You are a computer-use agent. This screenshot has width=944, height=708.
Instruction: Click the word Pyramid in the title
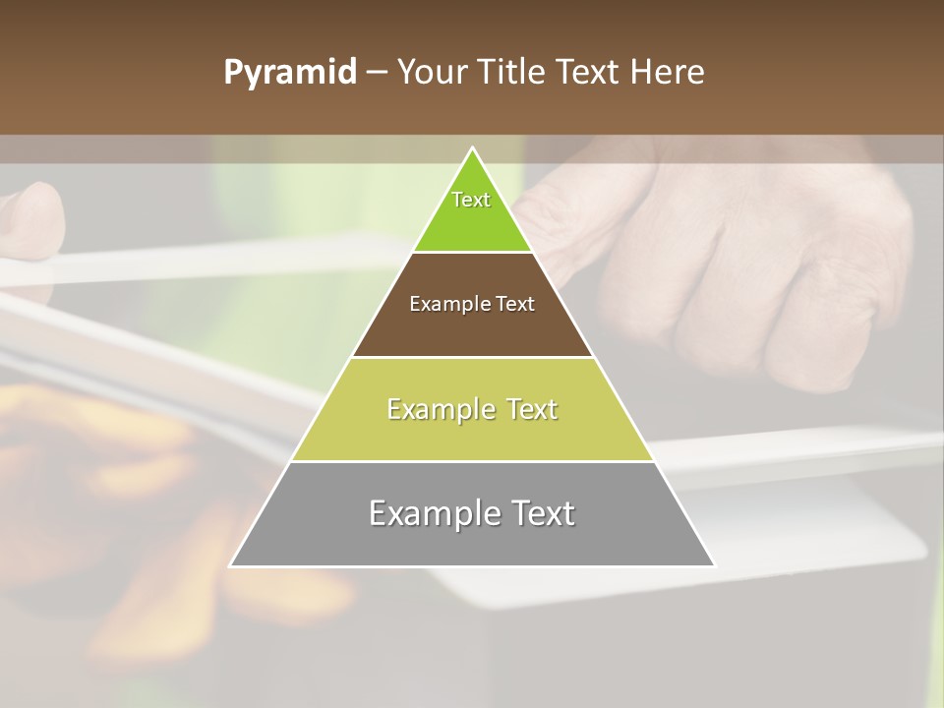tap(290, 73)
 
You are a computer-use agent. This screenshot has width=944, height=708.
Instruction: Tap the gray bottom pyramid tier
tap(472, 541)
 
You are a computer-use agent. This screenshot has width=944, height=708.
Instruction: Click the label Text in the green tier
tap(471, 200)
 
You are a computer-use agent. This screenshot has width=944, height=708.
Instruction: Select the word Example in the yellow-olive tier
tap(440, 409)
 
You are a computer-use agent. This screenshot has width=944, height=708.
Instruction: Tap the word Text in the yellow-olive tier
tap(528, 409)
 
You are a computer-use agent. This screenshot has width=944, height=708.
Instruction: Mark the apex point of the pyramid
tap(473, 148)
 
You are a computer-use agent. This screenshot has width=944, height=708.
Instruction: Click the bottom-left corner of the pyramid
tap(231, 565)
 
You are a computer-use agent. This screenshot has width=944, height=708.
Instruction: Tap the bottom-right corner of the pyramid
tap(714, 565)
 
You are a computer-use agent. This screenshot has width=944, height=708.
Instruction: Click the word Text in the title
tap(587, 73)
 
